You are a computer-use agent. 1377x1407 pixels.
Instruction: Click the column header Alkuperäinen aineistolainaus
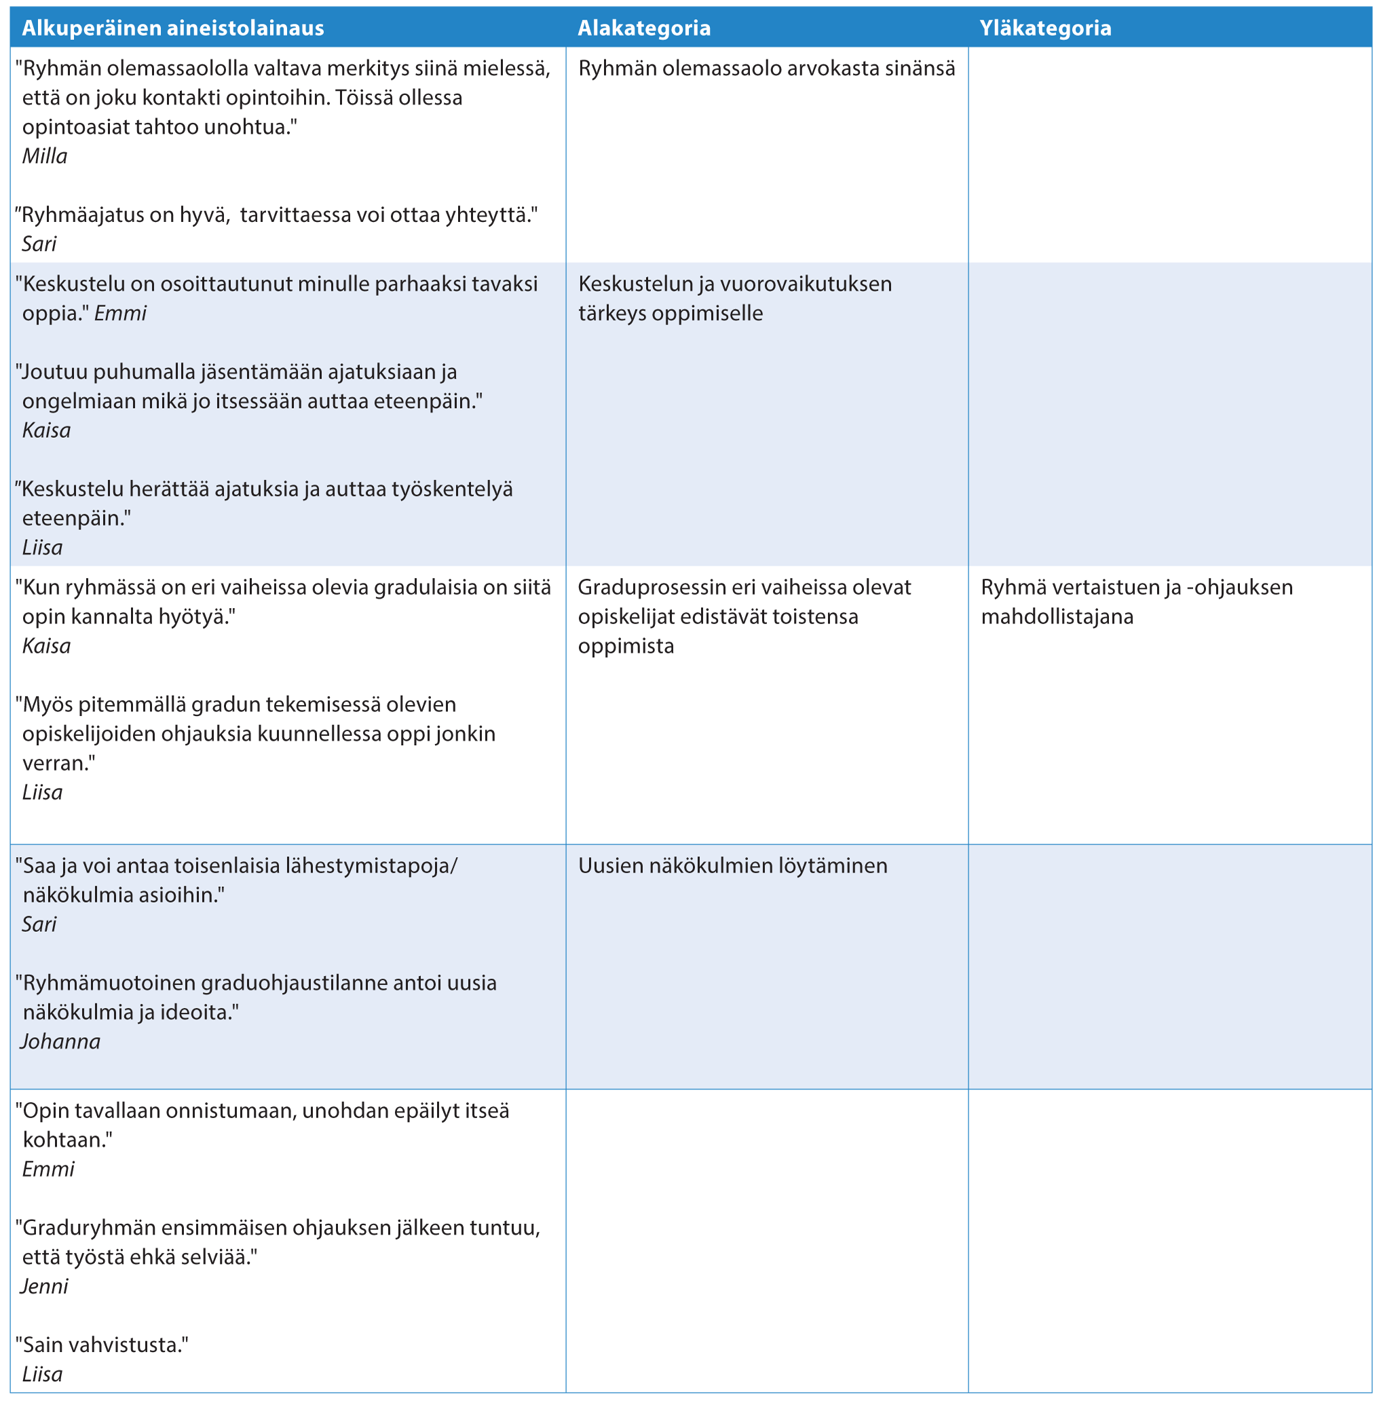pyautogui.click(x=173, y=29)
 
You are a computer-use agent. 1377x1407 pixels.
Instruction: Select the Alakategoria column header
pyautogui.click(x=643, y=29)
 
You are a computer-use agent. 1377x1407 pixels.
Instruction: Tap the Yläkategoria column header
pyautogui.click(x=1045, y=29)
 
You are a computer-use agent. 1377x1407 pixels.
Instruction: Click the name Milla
pyautogui.click(x=45, y=156)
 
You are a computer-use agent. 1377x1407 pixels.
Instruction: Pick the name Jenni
pyautogui.click(x=45, y=1286)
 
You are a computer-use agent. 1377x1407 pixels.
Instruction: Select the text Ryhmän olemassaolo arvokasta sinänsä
pyautogui.click(x=767, y=69)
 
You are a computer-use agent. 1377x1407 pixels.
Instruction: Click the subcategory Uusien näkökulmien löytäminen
pyautogui.click(x=733, y=866)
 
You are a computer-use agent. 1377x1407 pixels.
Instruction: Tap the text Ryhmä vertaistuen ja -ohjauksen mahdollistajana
pyautogui.click(x=1136, y=602)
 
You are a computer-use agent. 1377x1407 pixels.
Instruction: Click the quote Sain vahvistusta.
pyautogui.click(x=102, y=1345)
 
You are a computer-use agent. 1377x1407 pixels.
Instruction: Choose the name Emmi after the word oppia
pyautogui.click(x=121, y=313)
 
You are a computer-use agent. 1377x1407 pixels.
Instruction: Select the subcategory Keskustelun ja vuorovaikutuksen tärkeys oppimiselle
pyautogui.click(x=734, y=298)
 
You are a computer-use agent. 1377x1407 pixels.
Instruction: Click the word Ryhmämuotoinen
pyautogui.click(x=109, y=983)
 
